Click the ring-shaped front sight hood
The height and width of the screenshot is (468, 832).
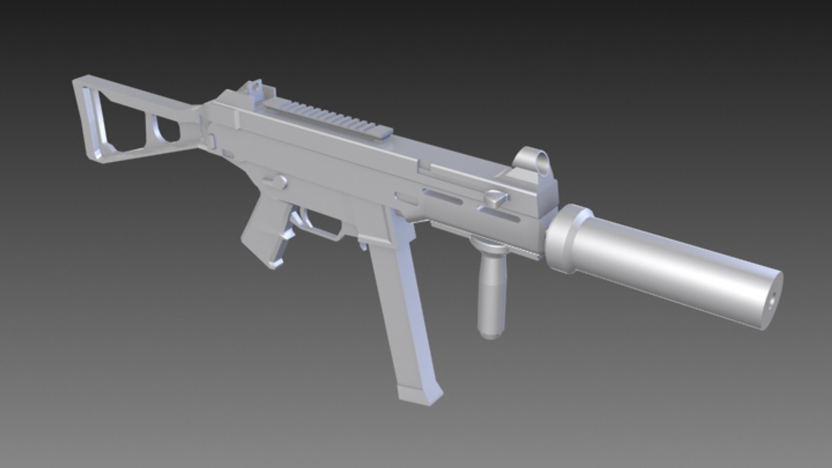click(x=534, y=159)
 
